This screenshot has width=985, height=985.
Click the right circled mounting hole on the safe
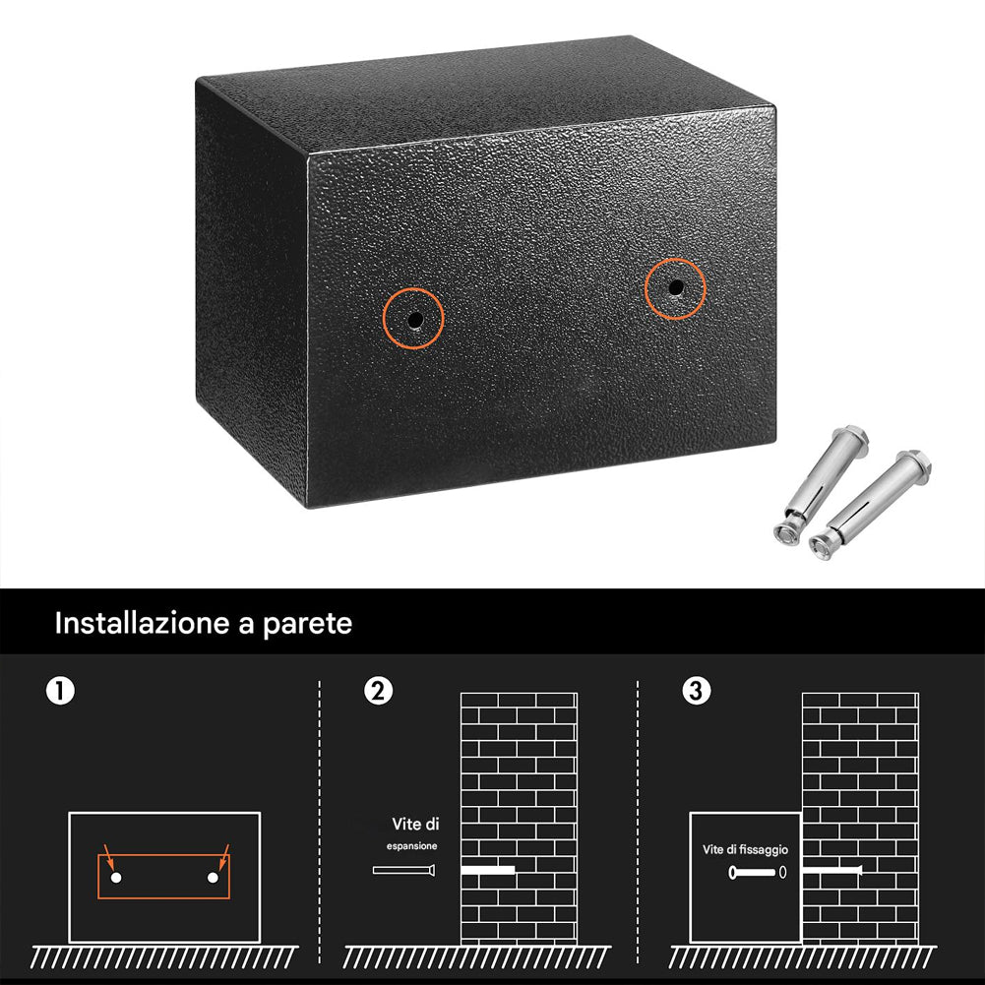(675, 288)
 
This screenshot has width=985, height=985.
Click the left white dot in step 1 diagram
(116, 877)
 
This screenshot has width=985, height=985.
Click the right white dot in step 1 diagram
(213, 877)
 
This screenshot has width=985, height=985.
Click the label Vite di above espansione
(415, 824)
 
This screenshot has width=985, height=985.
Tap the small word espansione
(412, 845)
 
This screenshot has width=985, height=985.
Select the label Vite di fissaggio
(745, 849)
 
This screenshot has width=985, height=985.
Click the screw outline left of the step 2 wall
(404, 870)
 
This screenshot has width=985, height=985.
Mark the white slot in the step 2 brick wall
(488, 871)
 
